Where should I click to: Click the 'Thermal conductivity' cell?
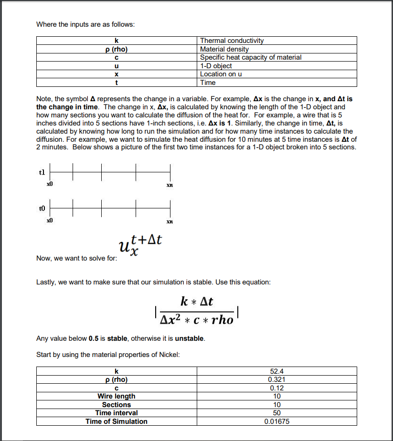232,41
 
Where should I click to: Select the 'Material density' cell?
224,49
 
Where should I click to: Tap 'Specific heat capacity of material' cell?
250,57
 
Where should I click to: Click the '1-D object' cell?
216,66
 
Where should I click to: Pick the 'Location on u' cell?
221,74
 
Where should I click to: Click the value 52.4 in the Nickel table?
276,371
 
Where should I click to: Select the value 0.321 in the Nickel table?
276,379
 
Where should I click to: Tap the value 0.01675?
276,421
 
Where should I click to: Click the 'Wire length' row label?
117,396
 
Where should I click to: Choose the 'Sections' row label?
117,405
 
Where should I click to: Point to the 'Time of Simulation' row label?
117,421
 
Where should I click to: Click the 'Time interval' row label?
117,413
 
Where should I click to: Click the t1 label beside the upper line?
42,172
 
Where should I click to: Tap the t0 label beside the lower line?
42,208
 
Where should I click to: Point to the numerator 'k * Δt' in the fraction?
197,302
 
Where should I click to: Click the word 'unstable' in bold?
190,338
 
